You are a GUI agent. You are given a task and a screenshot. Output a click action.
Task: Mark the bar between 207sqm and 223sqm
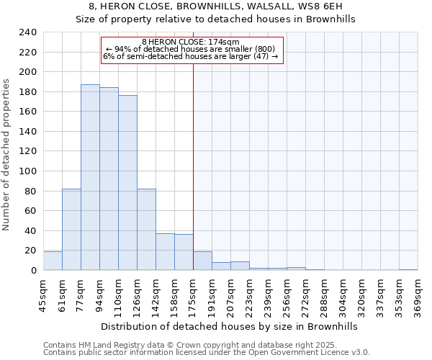coord(240,266)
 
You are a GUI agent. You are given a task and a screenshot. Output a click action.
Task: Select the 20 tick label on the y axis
coord(30,251)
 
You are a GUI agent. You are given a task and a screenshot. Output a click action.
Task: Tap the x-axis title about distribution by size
coord(229,326)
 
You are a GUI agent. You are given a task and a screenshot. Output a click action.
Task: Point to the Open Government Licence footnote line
coord(207,353)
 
